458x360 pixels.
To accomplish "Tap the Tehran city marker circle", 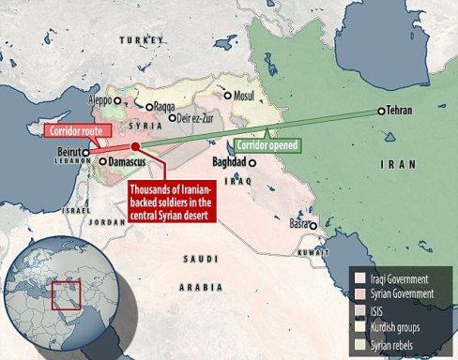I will [380, 112].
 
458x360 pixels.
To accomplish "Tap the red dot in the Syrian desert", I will [136, 147].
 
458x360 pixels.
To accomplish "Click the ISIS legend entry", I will [374, 310].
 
